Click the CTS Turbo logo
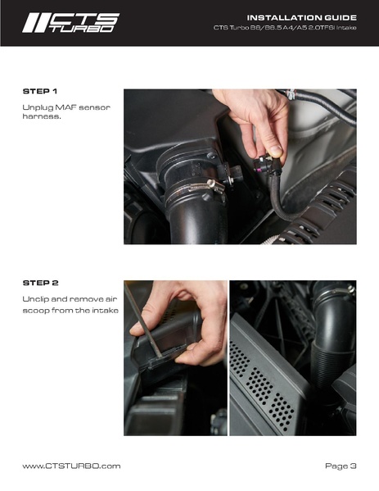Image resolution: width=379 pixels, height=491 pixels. tap(70, 23)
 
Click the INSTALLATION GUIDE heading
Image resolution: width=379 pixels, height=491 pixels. tap(301, 17)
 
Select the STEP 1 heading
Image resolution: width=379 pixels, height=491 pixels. tap(40, 91)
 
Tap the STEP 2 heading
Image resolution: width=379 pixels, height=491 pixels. tap(40, 283)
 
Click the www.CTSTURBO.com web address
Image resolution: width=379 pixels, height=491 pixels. tap(71, 466)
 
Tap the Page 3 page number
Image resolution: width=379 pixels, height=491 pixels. tap(341, 466)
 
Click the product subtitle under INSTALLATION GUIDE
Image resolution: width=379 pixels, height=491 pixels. tap(285, 28)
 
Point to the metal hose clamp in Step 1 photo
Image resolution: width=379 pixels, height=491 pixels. tap(196, 188)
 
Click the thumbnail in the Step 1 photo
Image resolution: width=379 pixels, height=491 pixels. tap(276, 151)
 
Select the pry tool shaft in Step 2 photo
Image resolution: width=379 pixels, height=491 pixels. tap(143, 320)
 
